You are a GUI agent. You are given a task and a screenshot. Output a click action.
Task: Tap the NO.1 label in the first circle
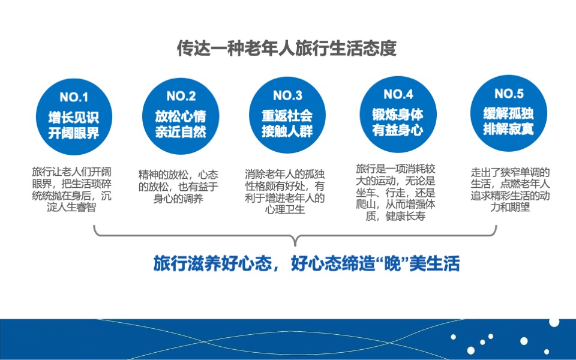pyautogui.click(x=74, y=97)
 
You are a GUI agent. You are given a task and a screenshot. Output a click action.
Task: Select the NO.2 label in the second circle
pyautogui.click(x=181, y=96)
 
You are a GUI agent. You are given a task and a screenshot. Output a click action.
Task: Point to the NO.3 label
pyautogui.click(x=287, y=95)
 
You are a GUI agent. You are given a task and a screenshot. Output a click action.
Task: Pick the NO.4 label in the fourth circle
pyautogui.click(x=398, y=94)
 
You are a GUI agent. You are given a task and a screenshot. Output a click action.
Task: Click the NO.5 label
pyautogui.click(x=509, y=94)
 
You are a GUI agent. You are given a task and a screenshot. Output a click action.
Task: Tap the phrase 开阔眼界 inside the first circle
pyautogui.click(x=74, y=133)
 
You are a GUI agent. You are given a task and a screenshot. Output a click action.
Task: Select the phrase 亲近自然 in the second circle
pyautogui.click(x=181, y=132)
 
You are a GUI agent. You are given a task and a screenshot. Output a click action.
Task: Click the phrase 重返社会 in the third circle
pyautogui.click(x=287, y=115)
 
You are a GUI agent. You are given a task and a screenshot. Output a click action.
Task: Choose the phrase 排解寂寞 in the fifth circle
pyautogui.click(x=509, y=128)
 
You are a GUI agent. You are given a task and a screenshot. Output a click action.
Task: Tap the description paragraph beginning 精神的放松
pyautogui.click(x=179, y=186)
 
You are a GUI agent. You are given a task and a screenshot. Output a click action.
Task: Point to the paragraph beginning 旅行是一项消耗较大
pyautogui.click(x=395, y=192)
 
